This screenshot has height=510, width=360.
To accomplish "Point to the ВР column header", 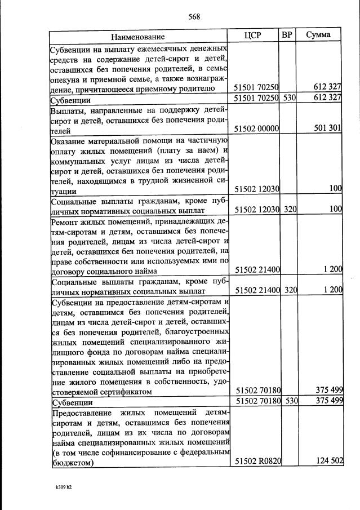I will pos(287,35).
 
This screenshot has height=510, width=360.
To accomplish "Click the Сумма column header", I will pos(318,36).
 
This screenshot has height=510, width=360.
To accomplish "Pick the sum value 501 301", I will pos(327,128).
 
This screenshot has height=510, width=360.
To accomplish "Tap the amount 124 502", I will pos(327,461).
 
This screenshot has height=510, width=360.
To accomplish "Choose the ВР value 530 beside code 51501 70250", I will pos(290,97).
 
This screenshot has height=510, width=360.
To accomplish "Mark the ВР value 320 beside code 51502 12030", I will pos(290,209).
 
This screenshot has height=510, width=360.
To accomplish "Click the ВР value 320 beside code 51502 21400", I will pos(290,290).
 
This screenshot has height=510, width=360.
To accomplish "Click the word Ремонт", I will pos(66,221).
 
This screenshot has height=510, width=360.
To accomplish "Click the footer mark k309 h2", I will pos(64,486).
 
